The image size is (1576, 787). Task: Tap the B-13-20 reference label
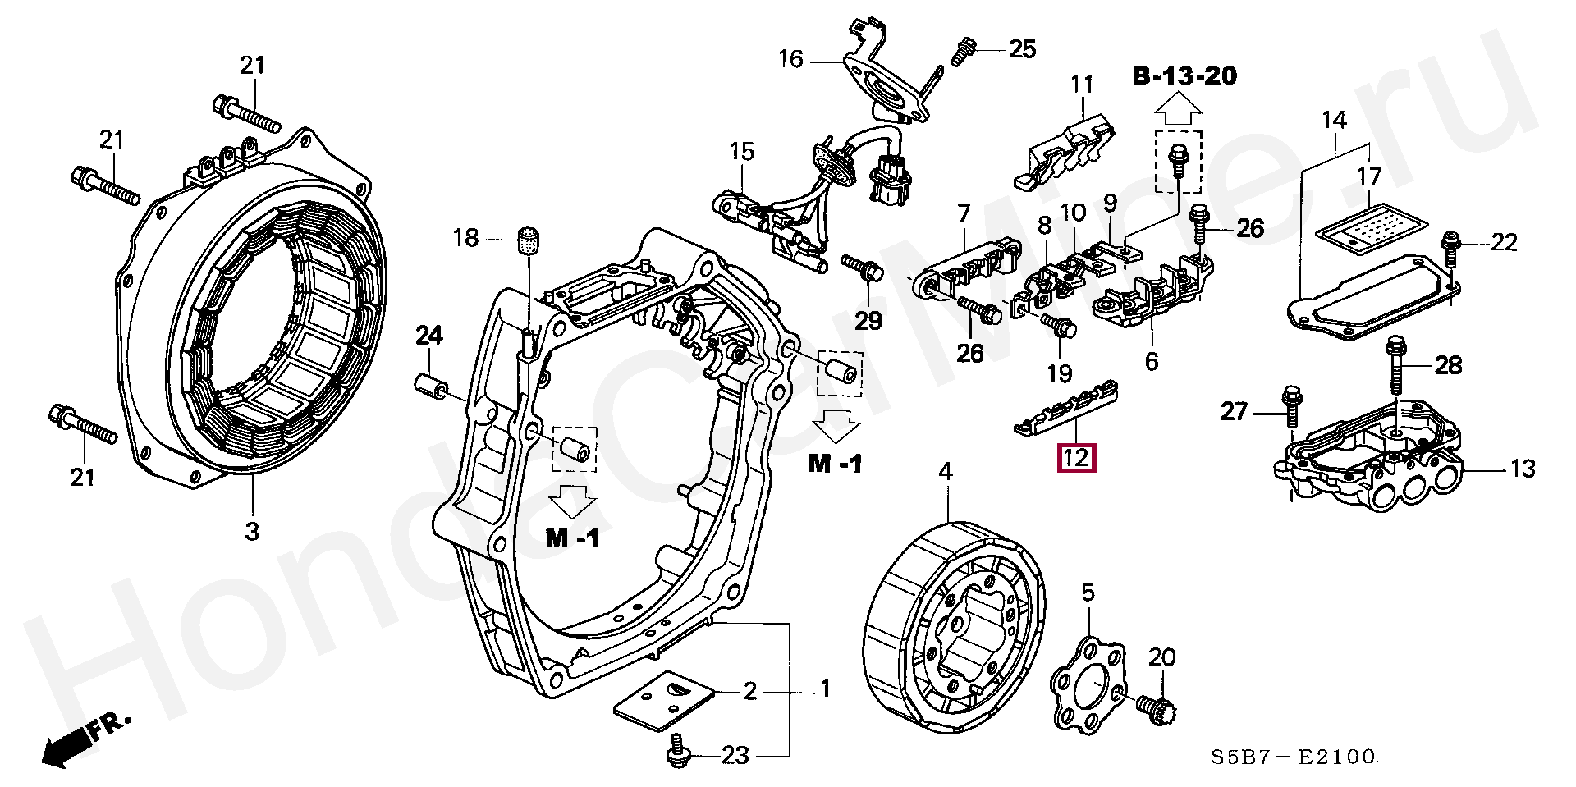pos(1184,76)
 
